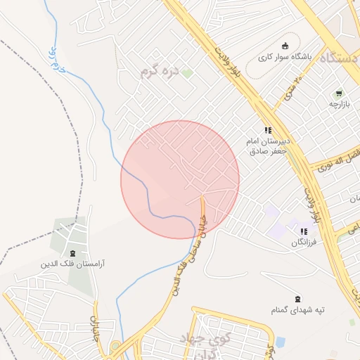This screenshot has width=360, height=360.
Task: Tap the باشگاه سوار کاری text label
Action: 284,57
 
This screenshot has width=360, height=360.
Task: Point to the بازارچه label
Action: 339,104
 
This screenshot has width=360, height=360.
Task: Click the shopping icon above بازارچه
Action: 339,93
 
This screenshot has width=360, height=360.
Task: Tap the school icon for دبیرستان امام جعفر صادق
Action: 267,130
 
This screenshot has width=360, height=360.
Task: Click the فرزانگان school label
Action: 304,242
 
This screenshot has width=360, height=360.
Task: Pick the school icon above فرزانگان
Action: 304,231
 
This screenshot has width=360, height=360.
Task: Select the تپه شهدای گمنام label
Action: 297,310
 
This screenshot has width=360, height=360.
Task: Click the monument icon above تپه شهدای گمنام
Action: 297,299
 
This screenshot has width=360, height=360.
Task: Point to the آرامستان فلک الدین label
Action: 73,264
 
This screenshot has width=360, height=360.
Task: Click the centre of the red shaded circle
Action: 180,179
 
